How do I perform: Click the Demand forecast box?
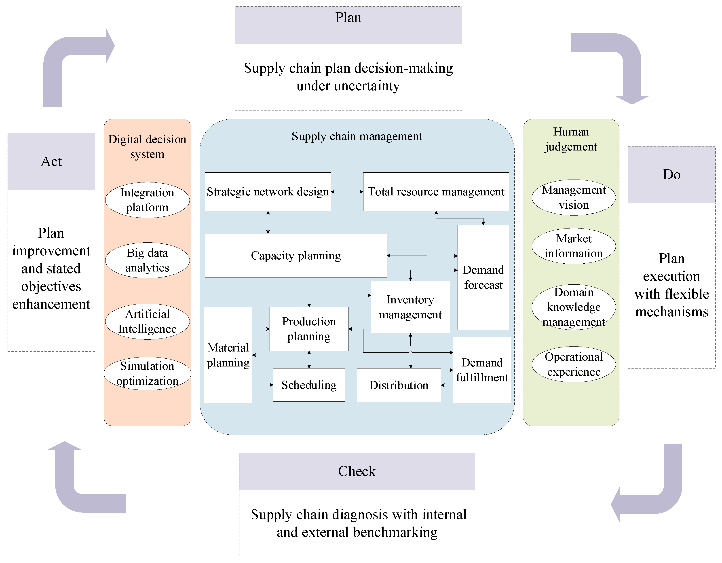click(x=483, y=277)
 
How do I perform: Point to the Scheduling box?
click(x=309, y=385)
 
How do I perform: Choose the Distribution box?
click(x=399, y=385)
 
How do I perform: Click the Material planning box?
click(x=228, y=355)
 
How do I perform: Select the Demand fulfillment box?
click(x=482, y=370)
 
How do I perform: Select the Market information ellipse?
click(x=574, y=246)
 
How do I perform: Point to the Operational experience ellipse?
click(x=574, y=364)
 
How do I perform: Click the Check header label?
click(x=357, y=471)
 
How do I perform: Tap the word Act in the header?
click(x=51, y=162)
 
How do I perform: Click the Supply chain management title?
click(x=357, y=136)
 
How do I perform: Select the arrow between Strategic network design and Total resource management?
click(x=347, y=192)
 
